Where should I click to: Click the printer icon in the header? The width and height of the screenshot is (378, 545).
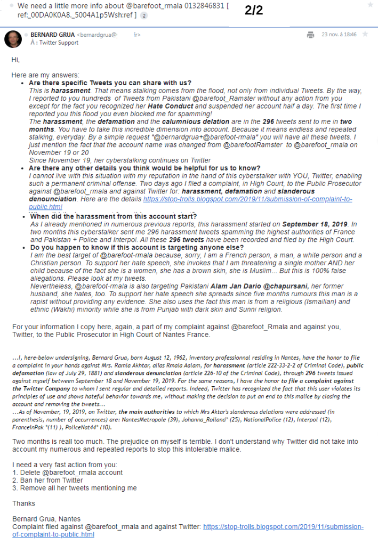(310, 35)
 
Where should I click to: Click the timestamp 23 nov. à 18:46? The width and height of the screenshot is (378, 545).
(340, 35)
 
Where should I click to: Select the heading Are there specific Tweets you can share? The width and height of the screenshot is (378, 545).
(110, 83)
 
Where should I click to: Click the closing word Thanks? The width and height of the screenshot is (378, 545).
(23, 503)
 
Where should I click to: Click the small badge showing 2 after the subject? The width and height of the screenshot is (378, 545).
(144, 15)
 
